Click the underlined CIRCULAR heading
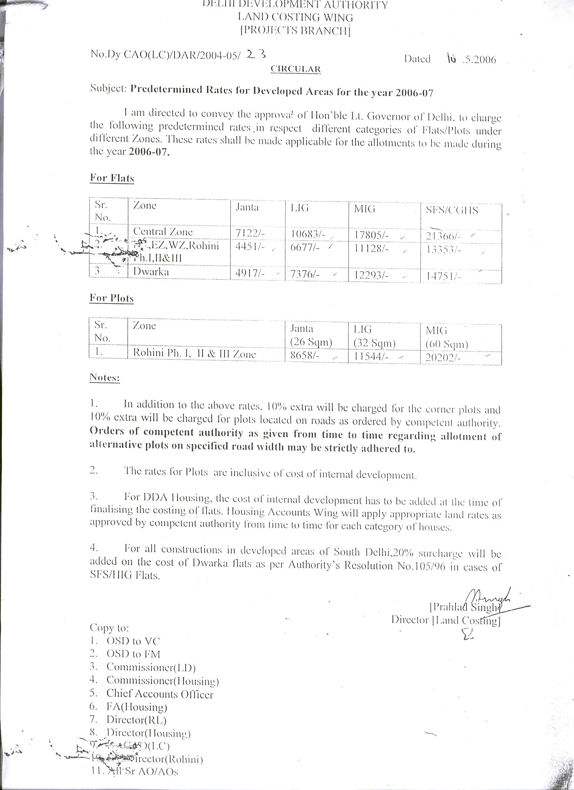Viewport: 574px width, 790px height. coord(296,69)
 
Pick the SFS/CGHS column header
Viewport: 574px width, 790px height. coord(452,210)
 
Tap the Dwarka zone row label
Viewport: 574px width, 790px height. coord(151,271)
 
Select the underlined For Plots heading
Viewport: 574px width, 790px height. coord(111,298)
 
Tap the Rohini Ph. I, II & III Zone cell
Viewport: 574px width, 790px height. coord(194,354)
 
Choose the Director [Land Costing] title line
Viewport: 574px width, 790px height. coord(446,621)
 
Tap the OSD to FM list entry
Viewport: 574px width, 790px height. coord(133,654)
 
